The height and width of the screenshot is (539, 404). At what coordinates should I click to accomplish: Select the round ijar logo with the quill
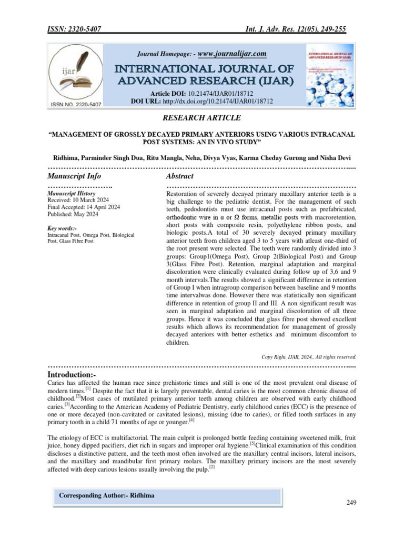(x=77, y=74)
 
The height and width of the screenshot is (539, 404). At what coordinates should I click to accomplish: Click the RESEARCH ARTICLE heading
(x=202, y=117)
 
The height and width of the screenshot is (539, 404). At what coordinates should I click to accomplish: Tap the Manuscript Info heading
(x=74, y=176)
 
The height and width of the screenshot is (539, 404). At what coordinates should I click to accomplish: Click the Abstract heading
(x=179, y=176)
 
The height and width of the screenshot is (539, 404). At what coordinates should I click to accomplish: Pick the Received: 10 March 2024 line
(x=78, y=201)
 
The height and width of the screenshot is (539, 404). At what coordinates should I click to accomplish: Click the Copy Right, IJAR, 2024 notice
(x=309, y=356)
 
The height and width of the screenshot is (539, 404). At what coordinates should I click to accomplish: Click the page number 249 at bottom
(x=351, y=503)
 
